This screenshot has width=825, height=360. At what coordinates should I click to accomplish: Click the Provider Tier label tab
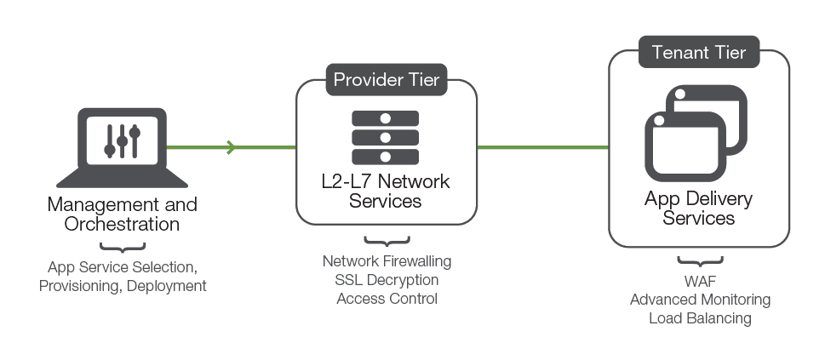tap(387, 81)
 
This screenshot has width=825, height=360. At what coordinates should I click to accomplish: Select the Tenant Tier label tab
tap(698, 53)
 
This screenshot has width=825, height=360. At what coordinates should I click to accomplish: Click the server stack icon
tap(385, 136)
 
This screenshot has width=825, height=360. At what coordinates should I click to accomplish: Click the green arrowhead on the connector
tap(231, 148)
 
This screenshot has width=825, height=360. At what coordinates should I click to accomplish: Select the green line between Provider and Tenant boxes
tap(542, 148)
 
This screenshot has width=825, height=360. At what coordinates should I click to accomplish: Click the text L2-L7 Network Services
tap(387, 191)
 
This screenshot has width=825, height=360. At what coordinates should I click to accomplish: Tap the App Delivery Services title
tap(698, 209)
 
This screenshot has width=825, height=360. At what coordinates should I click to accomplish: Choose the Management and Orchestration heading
tap(122, 214)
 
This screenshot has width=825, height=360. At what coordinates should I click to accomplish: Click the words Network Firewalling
tap(387, 260)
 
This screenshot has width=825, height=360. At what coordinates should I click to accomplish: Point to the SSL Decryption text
tap(387, 279)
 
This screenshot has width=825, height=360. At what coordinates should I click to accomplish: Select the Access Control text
tap(387, 298)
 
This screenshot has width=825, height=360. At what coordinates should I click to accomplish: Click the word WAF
tap(699, 281)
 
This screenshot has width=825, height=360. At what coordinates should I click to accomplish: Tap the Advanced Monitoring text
tap(700, 300)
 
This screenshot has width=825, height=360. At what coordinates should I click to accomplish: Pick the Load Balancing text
tap(700, 318)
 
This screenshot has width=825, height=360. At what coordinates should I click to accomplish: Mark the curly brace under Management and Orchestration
tap(123, 248)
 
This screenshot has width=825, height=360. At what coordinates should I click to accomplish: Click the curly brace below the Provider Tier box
tap(387, 241)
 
